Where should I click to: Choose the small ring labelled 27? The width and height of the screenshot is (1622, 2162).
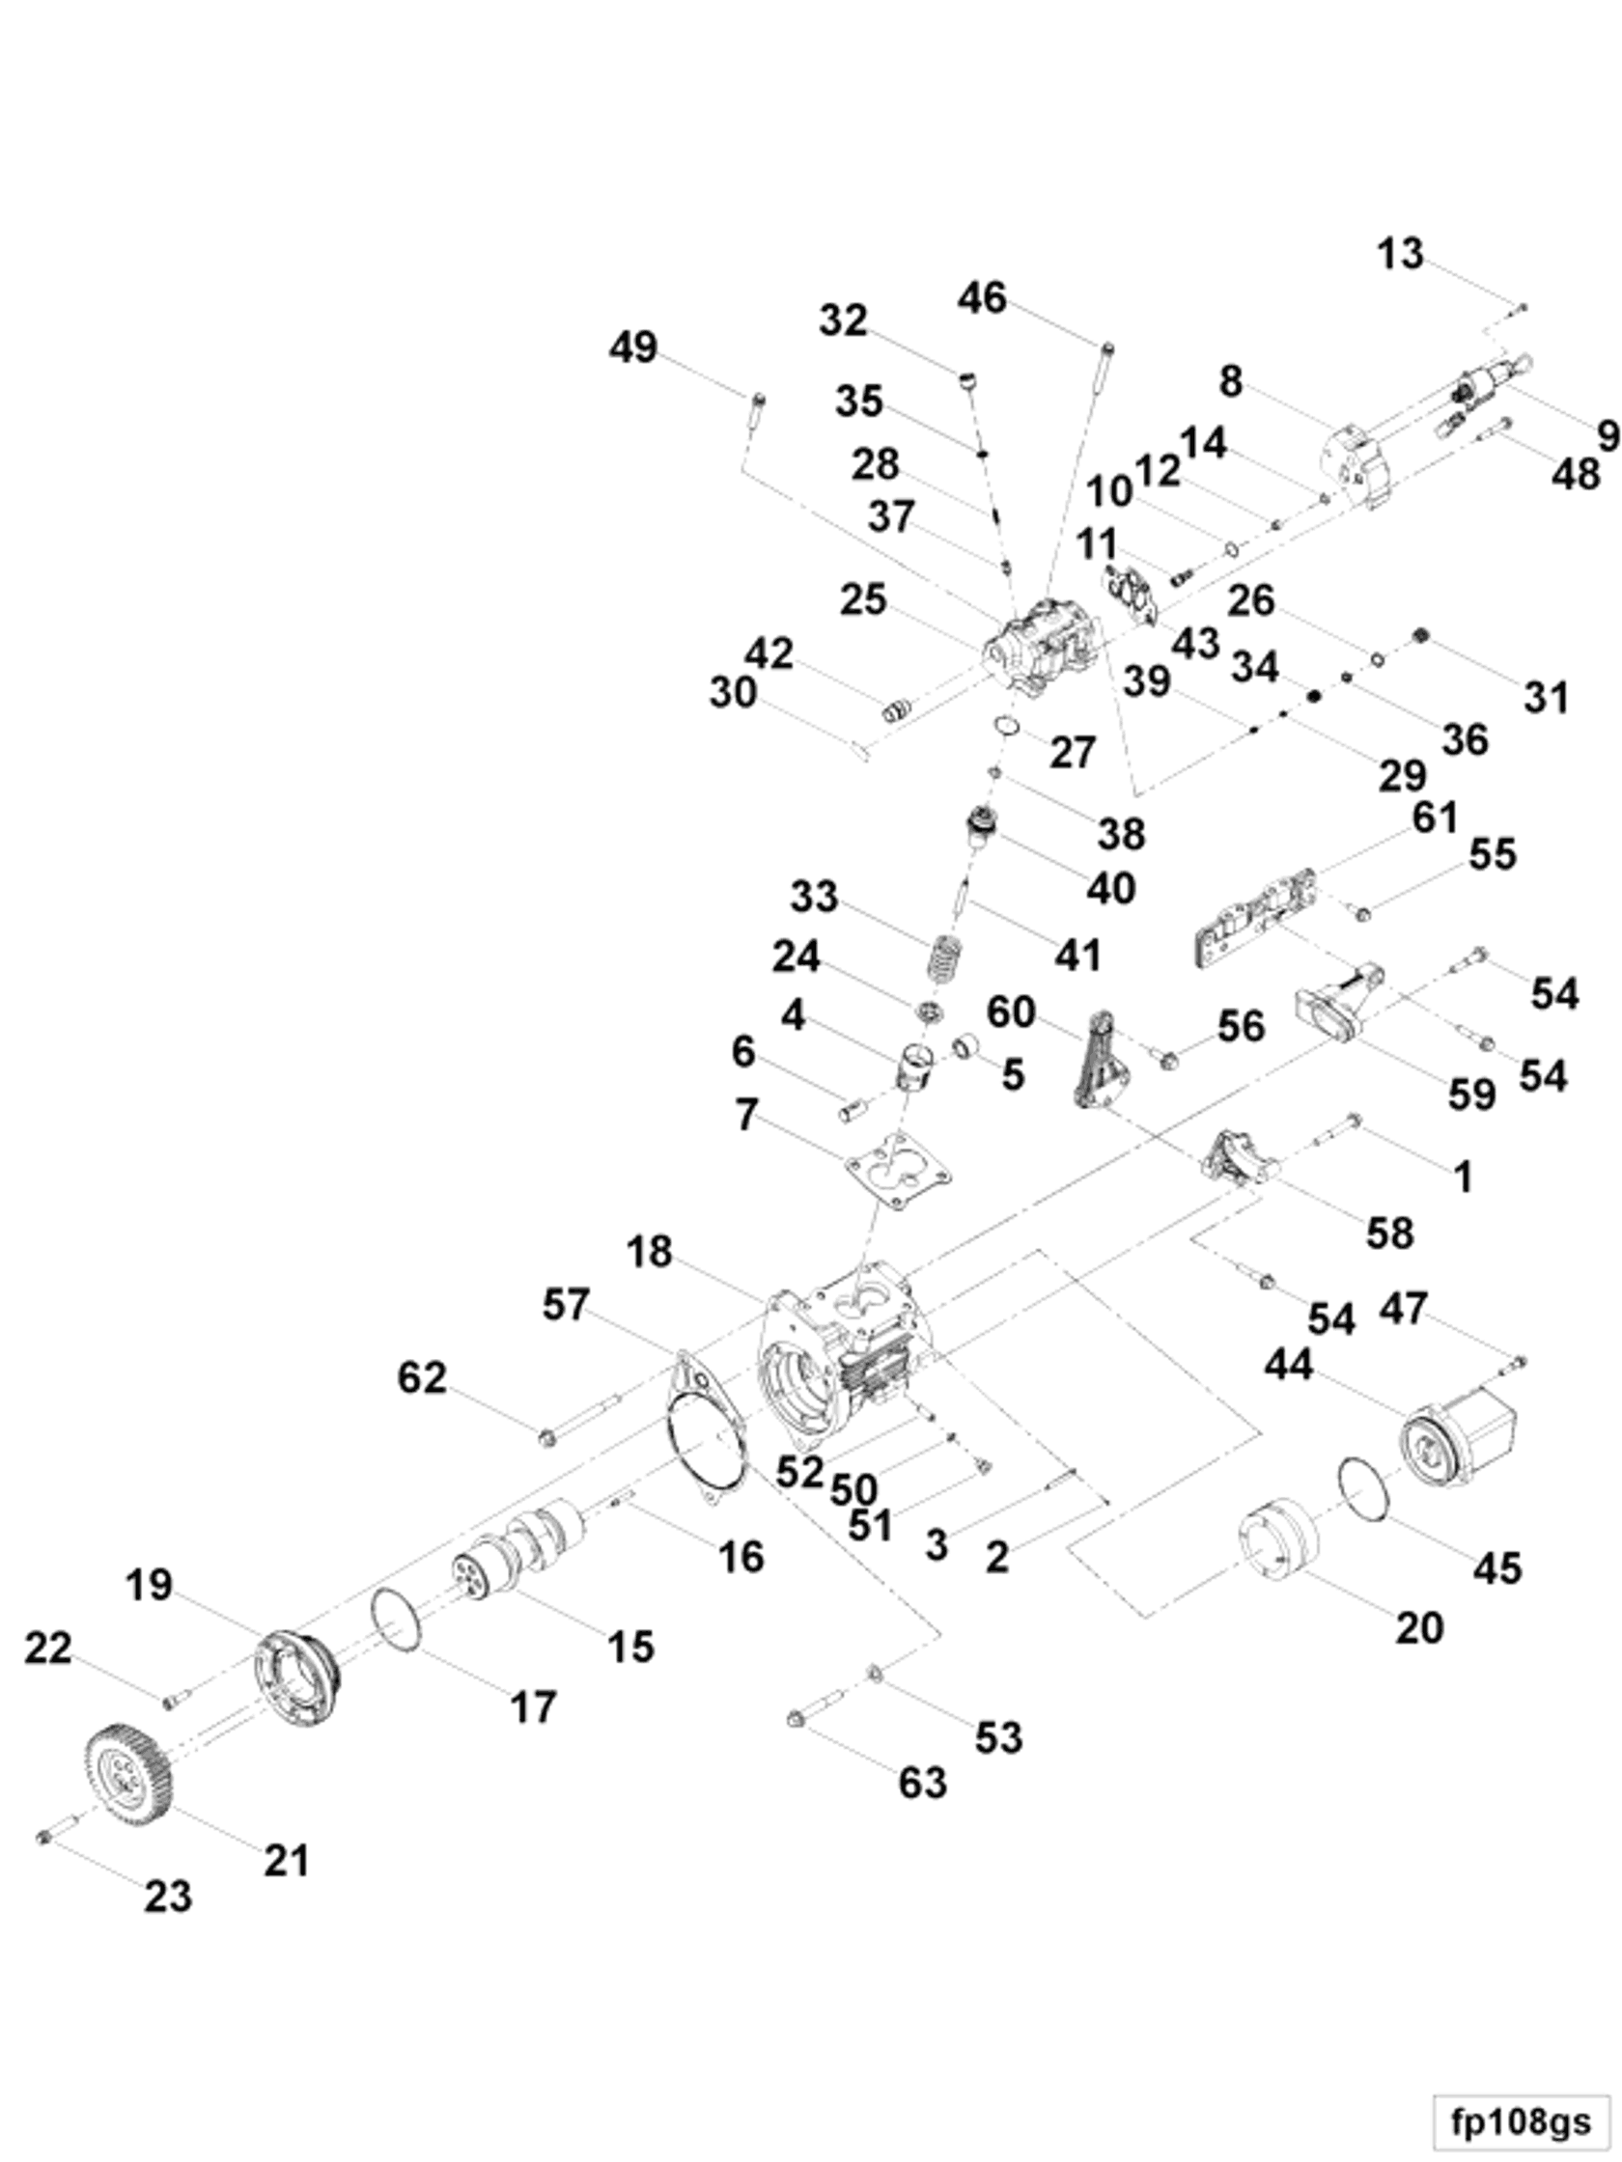[x=1008, y=727]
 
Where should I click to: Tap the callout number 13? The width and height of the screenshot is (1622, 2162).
[x=1400, y=254]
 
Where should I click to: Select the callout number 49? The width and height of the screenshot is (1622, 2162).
[x=632, y=348]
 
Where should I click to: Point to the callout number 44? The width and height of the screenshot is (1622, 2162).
[x=1289, y=1365]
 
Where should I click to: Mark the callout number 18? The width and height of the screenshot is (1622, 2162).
[x=649, y=1251]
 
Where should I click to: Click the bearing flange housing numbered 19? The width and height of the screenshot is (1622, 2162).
[x=297, y=1681]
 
